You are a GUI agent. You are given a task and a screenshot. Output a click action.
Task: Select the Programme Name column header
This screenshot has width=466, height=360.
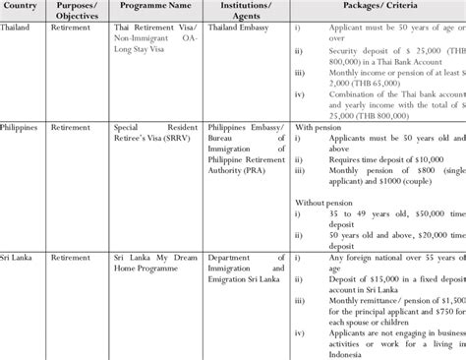point(155,9)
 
